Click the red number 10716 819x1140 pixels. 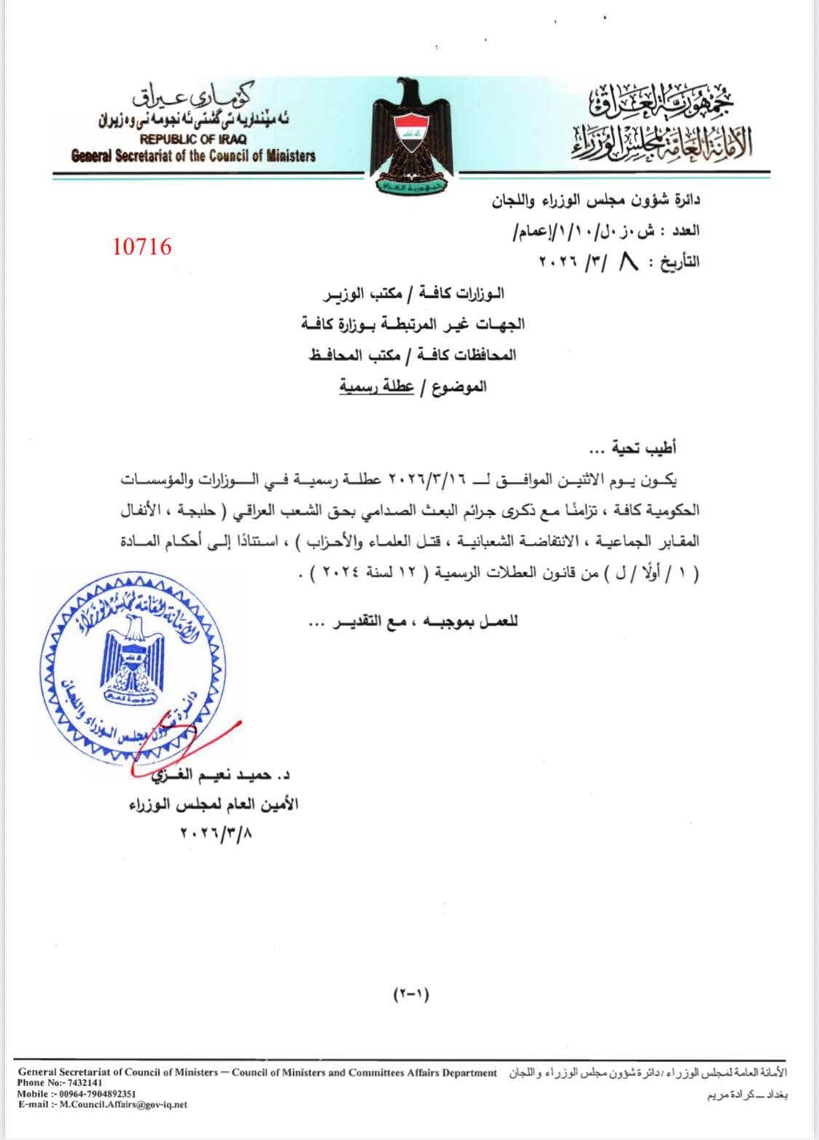[143, 247]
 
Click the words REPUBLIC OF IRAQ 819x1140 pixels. [193, 139]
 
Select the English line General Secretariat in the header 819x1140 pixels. [193, 155]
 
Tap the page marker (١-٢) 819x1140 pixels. [411, 993]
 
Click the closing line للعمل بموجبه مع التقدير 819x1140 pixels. [413, 622]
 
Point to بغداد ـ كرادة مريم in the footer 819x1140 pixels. [747, 1095]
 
